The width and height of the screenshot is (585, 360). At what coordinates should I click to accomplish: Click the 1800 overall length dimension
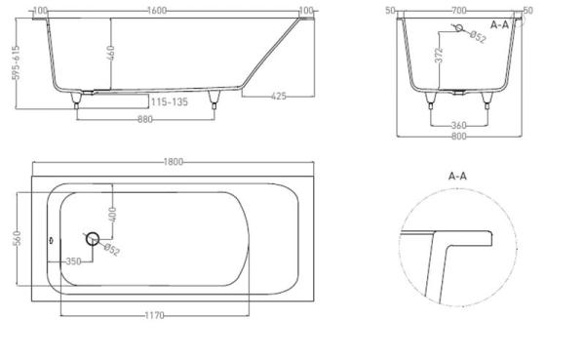click(x=174, y=162)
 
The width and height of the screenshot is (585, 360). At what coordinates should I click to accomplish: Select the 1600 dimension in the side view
click(x=157, y=11)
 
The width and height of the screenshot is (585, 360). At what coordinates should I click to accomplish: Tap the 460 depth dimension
click(x=111, y=53)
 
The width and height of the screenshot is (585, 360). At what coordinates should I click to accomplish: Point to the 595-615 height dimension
click(x=16, y=62)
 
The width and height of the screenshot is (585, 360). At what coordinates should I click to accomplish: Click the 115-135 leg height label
click(x=170, y=101)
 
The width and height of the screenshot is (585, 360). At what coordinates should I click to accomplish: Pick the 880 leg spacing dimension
click(x=145, y=119)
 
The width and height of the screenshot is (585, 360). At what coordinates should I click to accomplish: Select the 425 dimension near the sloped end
click(x=279, y=97)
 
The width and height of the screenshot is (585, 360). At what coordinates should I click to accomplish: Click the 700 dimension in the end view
click(x=458, y=11)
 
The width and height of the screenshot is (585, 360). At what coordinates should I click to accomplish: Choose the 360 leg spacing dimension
click(x=458, y=125)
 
